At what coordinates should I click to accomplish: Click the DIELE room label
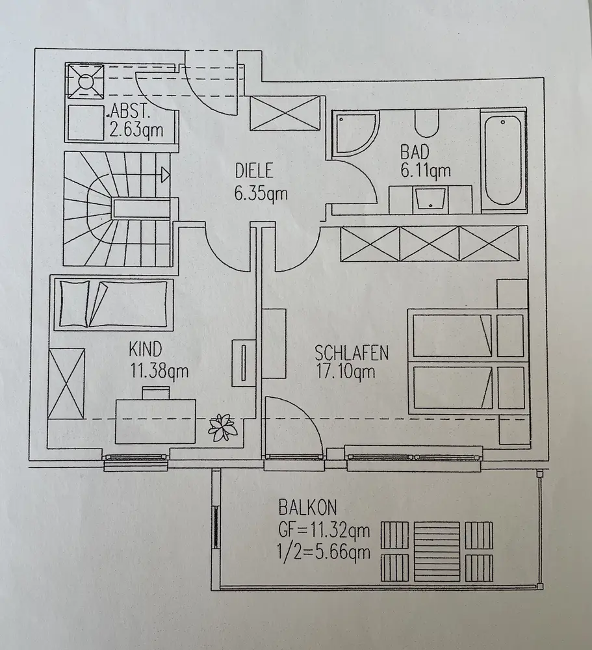point(254,173)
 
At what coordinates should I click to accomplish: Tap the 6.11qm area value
point(426,172)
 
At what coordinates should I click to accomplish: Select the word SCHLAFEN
point(352,353)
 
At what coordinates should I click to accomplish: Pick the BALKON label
point(307,506)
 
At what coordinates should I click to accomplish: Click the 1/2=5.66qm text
point(324,552)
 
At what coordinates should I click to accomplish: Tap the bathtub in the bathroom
point(503,159)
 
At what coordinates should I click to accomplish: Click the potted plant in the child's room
point(221,427)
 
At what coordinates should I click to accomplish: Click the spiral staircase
point(117,209)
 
